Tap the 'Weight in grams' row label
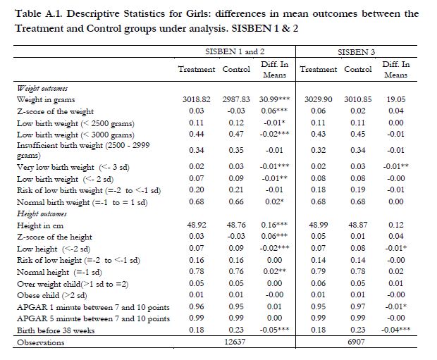[47, 101]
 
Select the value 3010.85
[358, 101]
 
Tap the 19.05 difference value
[395, 101]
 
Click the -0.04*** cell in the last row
[395, 330]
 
